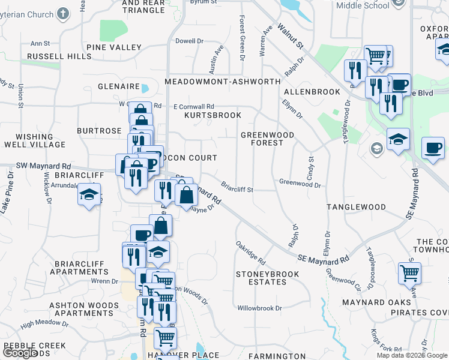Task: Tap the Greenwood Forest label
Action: click(267, 139)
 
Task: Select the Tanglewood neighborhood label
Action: click(356, 206)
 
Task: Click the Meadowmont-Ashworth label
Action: click(222, 81)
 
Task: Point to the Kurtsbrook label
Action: click(212, 115)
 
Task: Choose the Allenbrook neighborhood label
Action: click(307, 92)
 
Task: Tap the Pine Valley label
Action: click(113, 47)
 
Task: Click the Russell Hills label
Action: click(59, 56)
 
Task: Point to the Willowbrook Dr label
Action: click(259, 308)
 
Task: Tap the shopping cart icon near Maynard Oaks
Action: click(409, 273)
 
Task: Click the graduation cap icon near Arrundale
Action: click(89, 196)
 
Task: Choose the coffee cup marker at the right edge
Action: click(433, 148)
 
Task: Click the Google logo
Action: click(19, 353)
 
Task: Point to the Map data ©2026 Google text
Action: click(411, 355)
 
